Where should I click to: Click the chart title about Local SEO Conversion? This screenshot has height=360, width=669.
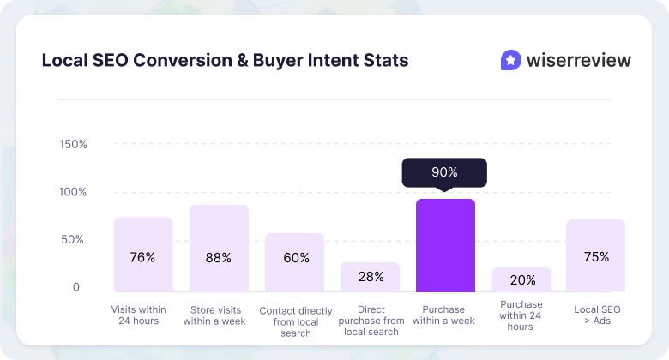coord(225,61)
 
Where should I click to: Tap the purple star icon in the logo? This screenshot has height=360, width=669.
coord(510,60)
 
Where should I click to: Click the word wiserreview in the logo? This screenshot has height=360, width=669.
coord(577,61)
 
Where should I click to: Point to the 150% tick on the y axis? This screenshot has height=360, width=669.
coord(74,144)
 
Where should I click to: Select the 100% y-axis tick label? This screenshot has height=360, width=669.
coord(74,192)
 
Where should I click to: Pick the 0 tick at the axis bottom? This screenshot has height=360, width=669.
coord(75,287)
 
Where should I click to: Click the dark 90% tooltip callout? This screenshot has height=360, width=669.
coord(444,172)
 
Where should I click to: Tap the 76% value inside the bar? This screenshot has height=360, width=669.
coord(143,257)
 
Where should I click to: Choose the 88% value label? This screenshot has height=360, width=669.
coord(219,257)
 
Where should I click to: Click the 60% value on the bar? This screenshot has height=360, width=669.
coord(294,257)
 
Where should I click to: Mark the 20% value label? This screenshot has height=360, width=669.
coord(521,279)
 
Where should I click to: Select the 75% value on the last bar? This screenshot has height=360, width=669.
coord(595,257)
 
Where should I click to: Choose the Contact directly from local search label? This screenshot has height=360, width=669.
coord(295,321)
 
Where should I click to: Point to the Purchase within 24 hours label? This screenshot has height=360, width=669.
coord(521,315)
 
